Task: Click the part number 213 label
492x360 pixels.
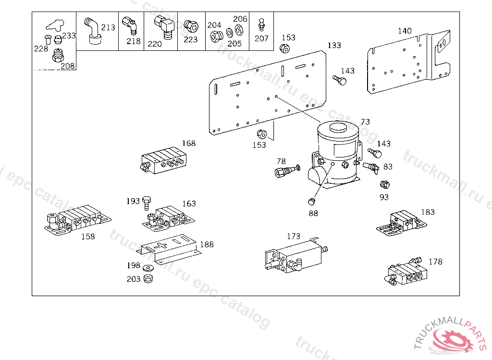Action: click(x=108, y=27)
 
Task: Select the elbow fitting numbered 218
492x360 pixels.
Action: click(x=129, y=24)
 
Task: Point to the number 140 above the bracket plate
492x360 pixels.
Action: click(x=405, y=31)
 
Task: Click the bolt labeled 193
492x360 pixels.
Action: click(x=146, y=203)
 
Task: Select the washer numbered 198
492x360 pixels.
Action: click(x=148, y=267)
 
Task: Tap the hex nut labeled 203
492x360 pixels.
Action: click(x=148, y=278)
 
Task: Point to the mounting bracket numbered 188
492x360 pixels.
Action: click(x=170, y=247)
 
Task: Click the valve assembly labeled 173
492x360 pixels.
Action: click(x=293, y=257)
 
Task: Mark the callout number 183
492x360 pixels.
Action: click(x=428, y=212)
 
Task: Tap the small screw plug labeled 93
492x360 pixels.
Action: click(x=383, y=185)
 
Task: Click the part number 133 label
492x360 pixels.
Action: click(x=334, y=46)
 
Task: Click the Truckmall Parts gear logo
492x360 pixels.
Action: click(x=451, y=338)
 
